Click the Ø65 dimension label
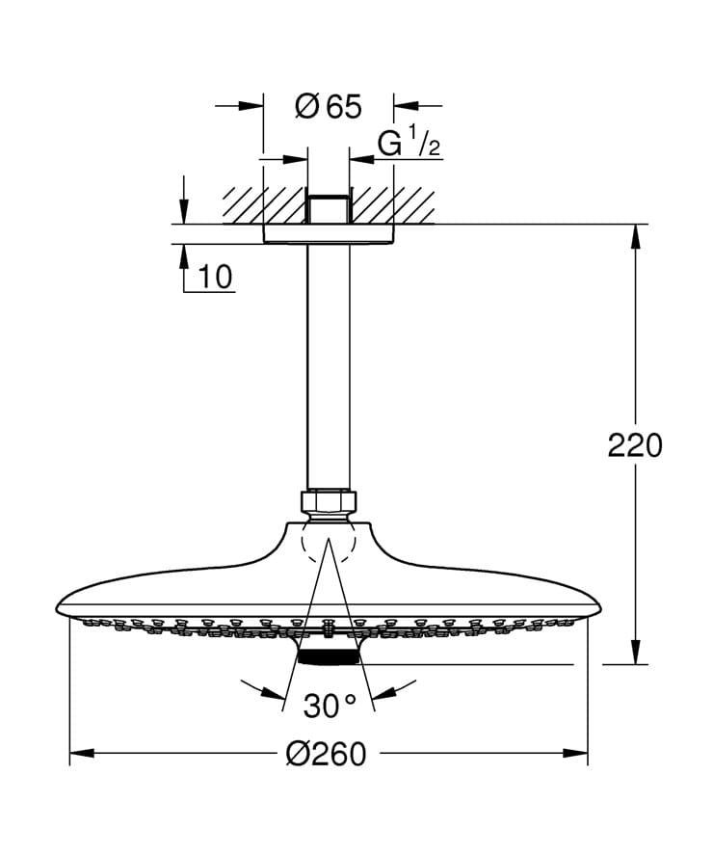(x=329, y=106)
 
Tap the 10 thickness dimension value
(x=217, y=278)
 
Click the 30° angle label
(x=329, y=706)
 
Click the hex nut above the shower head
(x=329, y=502)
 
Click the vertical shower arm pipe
(x=329, y=366)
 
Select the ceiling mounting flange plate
(x=329, y=234)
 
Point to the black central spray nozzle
(x=329, y=657)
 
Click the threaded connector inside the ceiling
(x=329, y=209)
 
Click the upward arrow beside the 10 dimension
(x=183, y=254)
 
